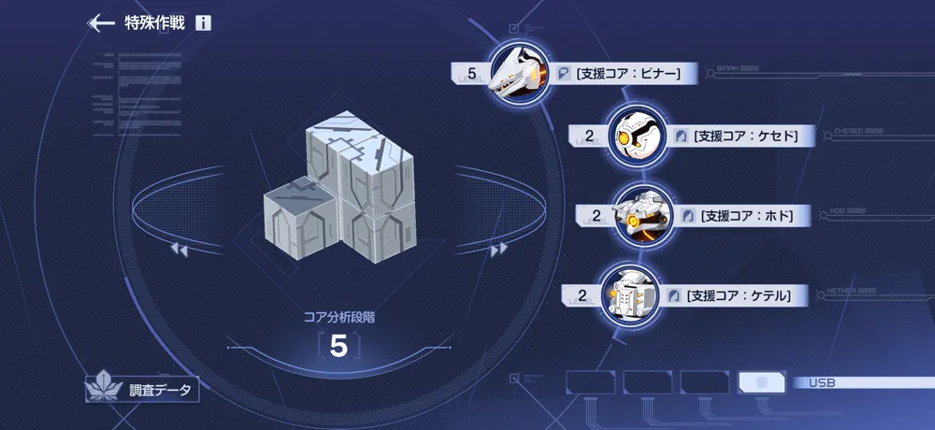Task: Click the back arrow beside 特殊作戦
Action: click(100, 23)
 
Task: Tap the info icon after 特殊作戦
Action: click(204, 23)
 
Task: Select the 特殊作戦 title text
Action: click(154, 23)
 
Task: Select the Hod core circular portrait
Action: click(640, 216)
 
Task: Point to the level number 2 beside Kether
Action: click(583, 296)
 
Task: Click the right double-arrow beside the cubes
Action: click(498, 250)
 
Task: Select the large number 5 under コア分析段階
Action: click(338, 347)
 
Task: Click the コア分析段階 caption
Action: click(339, 317)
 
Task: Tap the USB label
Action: click(823, 382)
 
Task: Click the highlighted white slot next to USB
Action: click(761, 382)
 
